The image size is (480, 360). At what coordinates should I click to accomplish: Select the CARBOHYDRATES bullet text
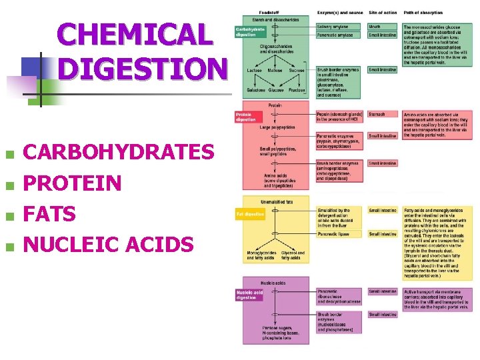pos(119,153)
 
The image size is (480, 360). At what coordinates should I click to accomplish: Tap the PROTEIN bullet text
pos(72,183)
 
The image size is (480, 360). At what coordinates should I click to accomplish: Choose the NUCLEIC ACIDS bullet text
pos(108,245)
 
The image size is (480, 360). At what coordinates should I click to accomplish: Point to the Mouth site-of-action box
pos(382,27)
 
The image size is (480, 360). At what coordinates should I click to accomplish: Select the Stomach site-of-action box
pos(382,114)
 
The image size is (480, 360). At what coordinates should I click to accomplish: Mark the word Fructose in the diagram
pos(297,89)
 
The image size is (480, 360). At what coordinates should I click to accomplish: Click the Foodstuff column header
pos(270,13)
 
